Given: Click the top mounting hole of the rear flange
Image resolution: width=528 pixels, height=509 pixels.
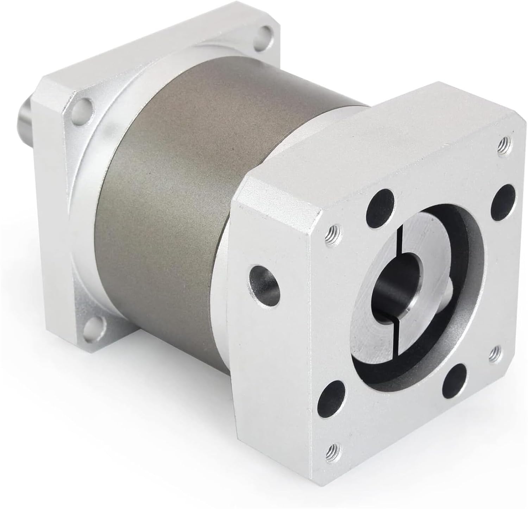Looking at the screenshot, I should point(266,34).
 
